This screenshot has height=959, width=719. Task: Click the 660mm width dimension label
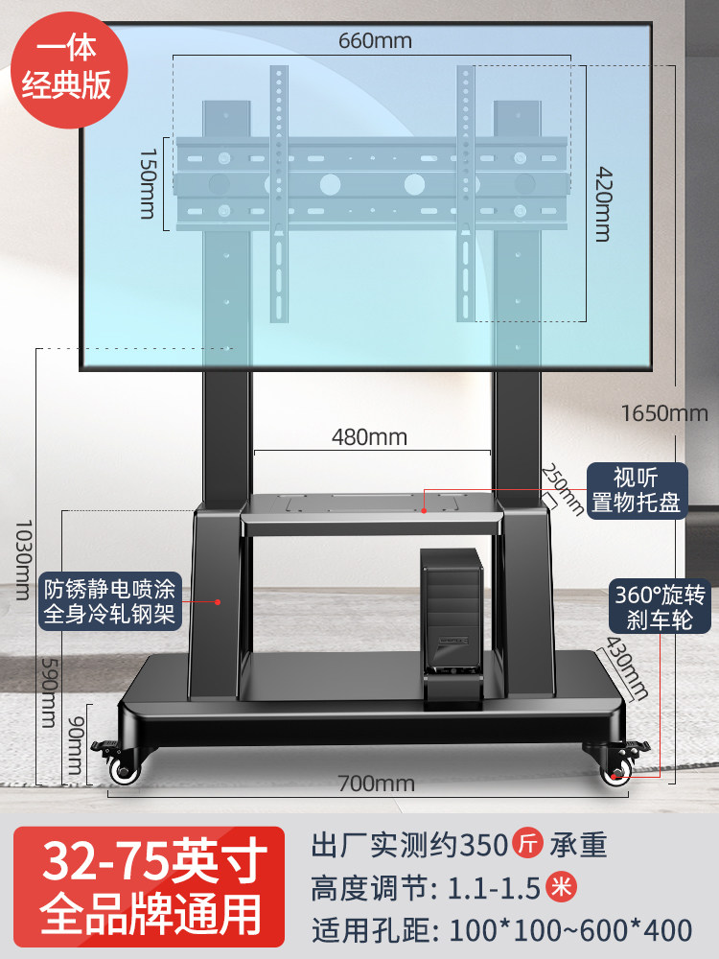tap(375, 41)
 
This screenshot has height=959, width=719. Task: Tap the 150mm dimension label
tap(148, 183)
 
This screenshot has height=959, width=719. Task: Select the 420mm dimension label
tap(603, 204)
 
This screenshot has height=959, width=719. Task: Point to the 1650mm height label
tap(664, 413)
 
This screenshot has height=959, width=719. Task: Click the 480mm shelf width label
tap(369, 437)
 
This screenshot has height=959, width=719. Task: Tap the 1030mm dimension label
tap(23, 560)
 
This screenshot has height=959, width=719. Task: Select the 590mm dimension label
tap(48, 692)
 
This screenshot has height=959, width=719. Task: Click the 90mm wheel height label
tap(75, 745)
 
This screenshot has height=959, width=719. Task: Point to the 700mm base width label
tap(377, 784)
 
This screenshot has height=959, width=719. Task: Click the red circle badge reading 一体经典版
tap(69, 68)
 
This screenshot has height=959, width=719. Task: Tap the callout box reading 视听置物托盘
tap(638, 490)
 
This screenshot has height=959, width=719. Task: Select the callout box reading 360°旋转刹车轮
tap(660, 606)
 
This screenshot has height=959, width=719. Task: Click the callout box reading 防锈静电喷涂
tap(110, 601)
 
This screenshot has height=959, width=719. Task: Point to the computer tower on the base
tap(452, 628)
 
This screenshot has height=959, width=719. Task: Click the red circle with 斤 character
tap(527, 843)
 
